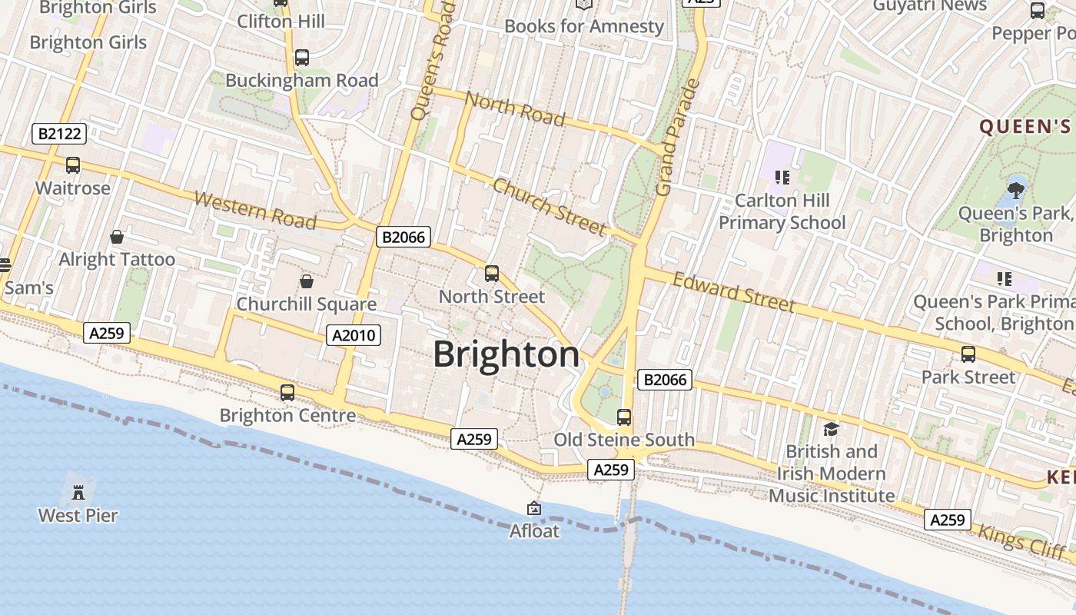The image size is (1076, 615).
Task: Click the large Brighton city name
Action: tap(506, 354)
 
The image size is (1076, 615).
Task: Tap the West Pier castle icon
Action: tap(78, 491)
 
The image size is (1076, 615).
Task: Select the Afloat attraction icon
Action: tap(534, 508)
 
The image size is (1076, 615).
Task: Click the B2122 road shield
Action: tap(59, 135)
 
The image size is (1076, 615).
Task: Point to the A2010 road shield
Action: tap(353, 334)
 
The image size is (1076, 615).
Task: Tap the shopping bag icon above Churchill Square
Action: tap(306, 281)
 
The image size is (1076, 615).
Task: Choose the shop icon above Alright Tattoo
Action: tap(117, 237)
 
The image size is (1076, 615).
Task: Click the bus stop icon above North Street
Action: tap(492, 274)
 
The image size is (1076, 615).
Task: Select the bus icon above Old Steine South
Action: tap(624, 417)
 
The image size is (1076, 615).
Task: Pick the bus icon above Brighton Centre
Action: tap(287, 393)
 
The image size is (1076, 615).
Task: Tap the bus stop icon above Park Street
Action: tap(968, 354)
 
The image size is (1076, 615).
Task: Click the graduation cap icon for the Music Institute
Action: tap(831, 429)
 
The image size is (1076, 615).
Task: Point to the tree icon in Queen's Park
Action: tap(1016, 188)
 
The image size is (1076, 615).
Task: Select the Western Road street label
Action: tap(254, 210)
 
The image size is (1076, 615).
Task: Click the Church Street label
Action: tap(549, 206)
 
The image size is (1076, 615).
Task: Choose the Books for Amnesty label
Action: tap(583, 26)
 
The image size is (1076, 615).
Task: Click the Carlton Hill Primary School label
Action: tap(782, 211)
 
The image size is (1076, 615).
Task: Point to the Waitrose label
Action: tap(73, 188)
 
